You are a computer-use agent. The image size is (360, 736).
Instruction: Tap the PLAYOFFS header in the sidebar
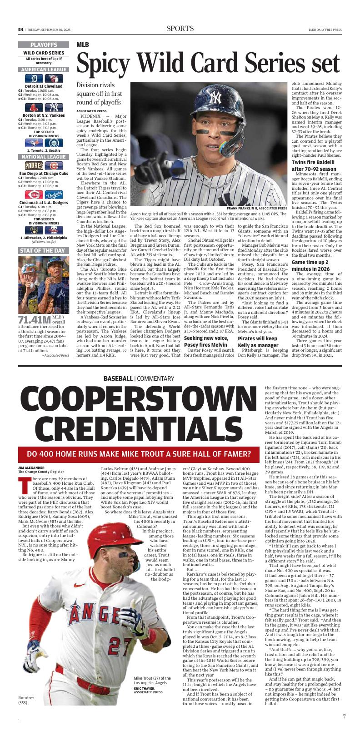click(x=44, y=45)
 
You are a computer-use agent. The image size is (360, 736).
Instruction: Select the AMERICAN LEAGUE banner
click(x=44, y=69)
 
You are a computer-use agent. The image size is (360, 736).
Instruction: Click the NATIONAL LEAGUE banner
click(x=44, y=157)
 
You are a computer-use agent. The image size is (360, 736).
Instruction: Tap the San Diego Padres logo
click(x=34, y=165)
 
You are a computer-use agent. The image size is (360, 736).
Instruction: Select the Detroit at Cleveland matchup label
click(x=44, y=86)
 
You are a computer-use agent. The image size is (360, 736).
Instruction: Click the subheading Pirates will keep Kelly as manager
click(x=257, y=339)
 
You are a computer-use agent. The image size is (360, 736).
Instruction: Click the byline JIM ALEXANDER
click(x=31, y=467)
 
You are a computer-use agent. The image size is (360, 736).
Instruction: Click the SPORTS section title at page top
click(x=180, y=29)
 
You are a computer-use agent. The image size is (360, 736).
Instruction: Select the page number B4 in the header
click(x=20, y=30)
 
